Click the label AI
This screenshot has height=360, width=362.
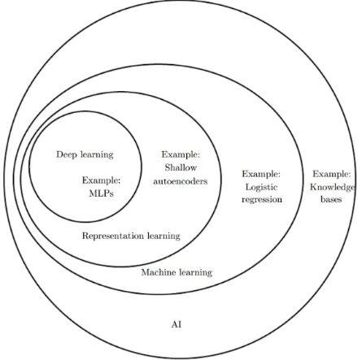click(x=177, y=324)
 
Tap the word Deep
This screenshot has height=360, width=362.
click(x=67, y=155)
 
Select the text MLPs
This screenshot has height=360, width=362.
click(x=101, y=193)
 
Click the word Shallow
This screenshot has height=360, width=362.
click(x=181, y=167)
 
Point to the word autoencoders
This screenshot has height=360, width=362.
click(x=181, y=181)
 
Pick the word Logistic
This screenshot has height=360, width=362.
click(x=261, y=188)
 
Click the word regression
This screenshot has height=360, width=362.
click(x=262, y=200)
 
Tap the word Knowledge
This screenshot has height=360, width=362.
click(x=332, y=188)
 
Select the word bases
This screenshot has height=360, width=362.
click(x=331, y=199)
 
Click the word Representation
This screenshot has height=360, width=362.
click(x=113, y=236)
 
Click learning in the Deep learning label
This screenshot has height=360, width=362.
click(x=97, y=155)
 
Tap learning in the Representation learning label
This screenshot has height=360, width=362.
click(x=164, y=236)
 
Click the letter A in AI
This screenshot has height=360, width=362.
click(x=175, y=324)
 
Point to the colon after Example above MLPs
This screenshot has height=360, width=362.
click(x=119, y=181)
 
